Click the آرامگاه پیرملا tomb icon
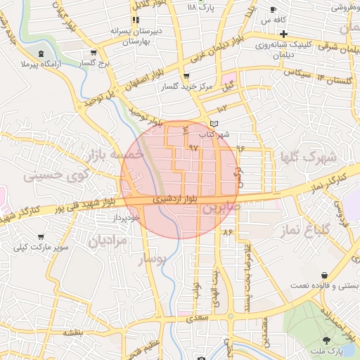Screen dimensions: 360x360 41,53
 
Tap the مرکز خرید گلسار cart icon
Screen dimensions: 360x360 186,76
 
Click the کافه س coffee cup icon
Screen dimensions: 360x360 274,10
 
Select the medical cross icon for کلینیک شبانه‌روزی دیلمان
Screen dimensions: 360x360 283,34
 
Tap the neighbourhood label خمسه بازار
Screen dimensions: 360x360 116,153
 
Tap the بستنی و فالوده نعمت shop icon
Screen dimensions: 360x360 324,274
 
